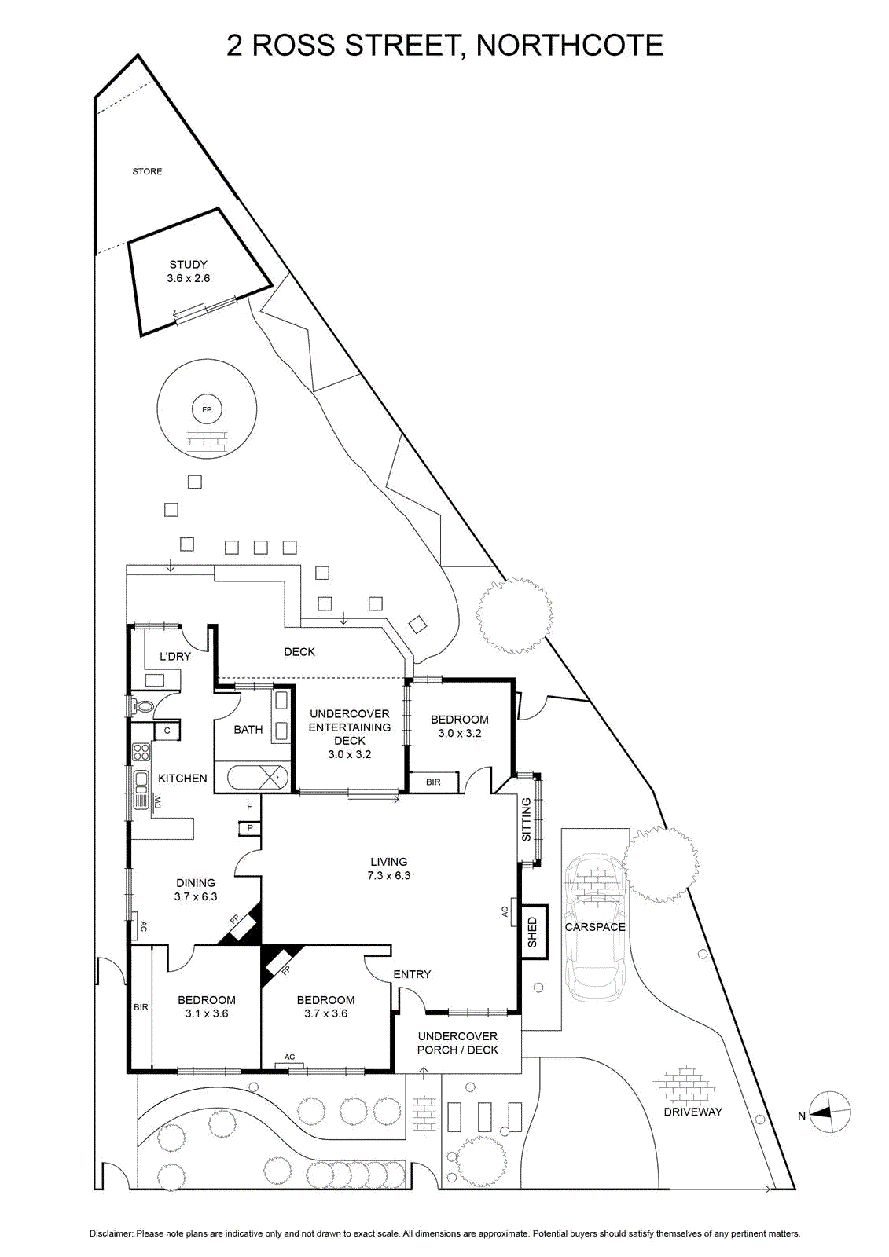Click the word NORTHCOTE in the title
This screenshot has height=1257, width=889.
click(x=569, y=46)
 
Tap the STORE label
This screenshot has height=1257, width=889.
click(x=147, y=172)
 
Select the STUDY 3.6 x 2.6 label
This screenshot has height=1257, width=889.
click(x=188, y=271)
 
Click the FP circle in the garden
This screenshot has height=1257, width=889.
click(x=207, y=409)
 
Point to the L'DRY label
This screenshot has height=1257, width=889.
click(x=175, y=656)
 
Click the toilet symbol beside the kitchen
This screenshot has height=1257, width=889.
click(x=142, y=706)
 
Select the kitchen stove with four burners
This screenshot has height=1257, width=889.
click(x=141, y=751)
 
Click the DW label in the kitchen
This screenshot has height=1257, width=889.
click(x=157, y=802)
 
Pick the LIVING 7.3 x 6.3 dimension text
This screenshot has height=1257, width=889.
click(x=388, y=869)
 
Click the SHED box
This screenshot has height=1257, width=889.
click(x=534, y=932)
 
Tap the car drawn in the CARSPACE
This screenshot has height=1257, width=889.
click(x=595, y=929)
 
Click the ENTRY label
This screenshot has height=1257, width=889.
click(x=412, y=975)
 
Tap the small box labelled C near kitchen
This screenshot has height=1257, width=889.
click(x=167, y=731)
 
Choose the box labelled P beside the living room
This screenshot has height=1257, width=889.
click(x=250, y=827)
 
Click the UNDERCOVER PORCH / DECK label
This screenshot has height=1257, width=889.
click(x=457, y=1043)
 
